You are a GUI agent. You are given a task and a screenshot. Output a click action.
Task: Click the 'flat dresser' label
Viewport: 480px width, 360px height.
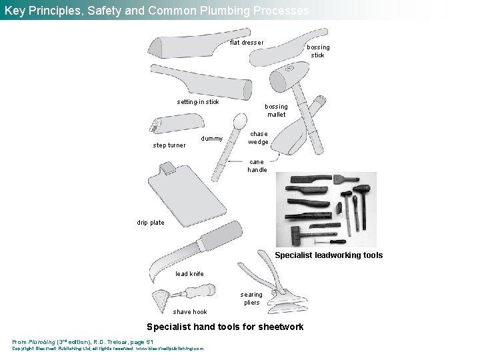[247, 43]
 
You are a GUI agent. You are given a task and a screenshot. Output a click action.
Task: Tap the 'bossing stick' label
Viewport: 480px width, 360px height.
[318, 51]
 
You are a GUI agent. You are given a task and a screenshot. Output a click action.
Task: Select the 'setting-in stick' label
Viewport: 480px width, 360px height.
[198, 102]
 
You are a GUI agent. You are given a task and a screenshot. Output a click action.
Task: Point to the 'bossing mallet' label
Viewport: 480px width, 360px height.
[276, 110]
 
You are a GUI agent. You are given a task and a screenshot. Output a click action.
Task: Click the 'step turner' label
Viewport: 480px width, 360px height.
[169, 145]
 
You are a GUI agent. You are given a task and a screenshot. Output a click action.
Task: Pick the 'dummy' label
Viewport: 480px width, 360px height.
[212, 139]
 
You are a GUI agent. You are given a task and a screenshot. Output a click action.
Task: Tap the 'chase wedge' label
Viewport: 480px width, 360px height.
[259, 137]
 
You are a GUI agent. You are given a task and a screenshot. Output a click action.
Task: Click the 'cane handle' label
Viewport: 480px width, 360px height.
[257, 165]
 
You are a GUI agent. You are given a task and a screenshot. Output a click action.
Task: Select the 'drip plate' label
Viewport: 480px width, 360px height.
[151, 223]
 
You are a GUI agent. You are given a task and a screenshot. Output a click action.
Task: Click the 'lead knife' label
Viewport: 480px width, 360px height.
[189, 274]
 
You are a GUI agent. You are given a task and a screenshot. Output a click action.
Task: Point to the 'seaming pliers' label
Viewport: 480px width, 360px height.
[251, 298]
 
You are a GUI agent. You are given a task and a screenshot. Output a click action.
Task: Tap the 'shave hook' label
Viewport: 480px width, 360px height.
[190, 311]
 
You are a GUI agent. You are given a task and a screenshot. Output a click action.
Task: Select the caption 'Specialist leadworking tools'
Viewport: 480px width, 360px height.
[329, 255]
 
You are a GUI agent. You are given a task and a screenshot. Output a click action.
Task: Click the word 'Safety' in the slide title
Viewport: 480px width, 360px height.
[116, 10]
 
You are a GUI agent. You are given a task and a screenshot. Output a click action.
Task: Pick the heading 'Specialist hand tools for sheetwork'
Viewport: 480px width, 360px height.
[225, 327]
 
